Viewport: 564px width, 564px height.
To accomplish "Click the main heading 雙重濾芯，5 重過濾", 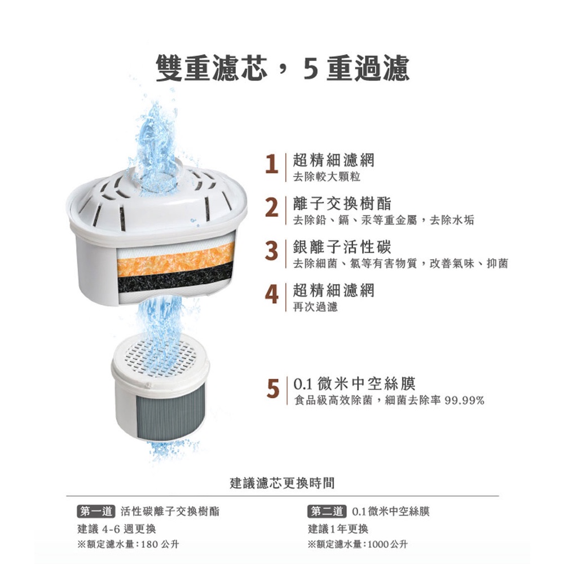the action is (x=283, y=68).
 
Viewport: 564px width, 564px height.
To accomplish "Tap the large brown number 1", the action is (x=272, y=164).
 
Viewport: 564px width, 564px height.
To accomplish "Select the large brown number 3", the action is (x=272, y=251).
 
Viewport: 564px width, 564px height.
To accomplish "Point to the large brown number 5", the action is (x=273, y=389).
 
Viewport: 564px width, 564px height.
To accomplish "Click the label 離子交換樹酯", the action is (x=342, y=204).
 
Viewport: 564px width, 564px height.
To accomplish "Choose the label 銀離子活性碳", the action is (x=342, y=247).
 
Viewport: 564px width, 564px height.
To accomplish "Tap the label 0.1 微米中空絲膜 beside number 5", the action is (x=355, y=384).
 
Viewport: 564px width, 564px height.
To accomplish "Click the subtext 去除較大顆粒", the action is (x=327, y=177).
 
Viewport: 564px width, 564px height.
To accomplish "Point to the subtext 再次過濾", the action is (x=315, y=307).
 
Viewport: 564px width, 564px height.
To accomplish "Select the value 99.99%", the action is (x=464, y=400).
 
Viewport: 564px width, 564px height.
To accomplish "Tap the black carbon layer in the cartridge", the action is (x=175, y=280).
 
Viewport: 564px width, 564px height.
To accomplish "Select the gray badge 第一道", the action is (x=96, y=511).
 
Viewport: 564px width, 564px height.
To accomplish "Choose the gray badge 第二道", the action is (x=327, y=511).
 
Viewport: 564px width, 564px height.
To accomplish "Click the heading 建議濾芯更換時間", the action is (x=283, y=483).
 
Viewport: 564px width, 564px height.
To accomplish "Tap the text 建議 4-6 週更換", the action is (x=117, y=529).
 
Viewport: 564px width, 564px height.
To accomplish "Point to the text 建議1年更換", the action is (x=338, y=529).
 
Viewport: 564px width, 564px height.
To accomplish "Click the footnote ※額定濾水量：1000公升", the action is (x=358, y=544).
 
